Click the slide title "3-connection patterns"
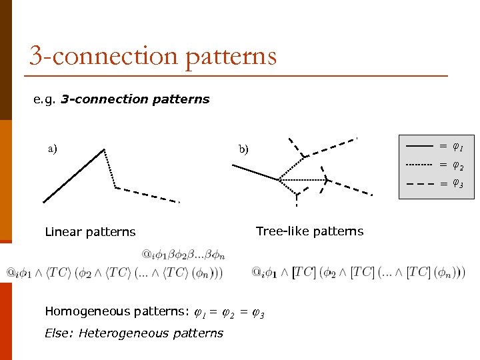pos(153,55)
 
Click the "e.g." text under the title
pos(45,99)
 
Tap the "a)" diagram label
pos(52,148)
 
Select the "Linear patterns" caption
pos(90,232)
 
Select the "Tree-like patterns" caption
pos(309,231)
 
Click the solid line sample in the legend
pos(419,145)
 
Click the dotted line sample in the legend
pos(419,164)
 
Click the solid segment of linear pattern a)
pos(73,175)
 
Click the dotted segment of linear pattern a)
pos(110,169)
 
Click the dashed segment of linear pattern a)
pos(148,194)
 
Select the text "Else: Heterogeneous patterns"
pos(134,333)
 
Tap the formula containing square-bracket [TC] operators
pos(359,272)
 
